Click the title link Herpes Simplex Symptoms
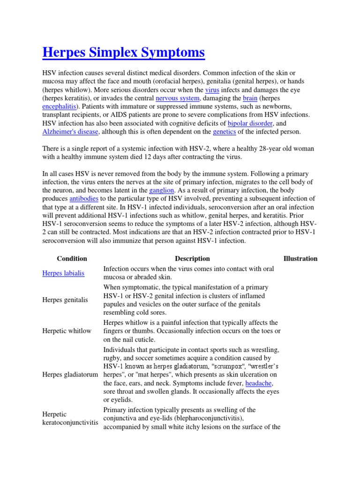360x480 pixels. click(x=123, y=52)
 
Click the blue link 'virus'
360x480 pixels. click(x=211, y=90)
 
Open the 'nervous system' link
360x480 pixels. click(x=178, y=98)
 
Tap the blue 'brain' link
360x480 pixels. click(x=250, y=98)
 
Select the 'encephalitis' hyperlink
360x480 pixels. click(x=59, y=106)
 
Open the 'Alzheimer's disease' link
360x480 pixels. click(x=70, y=132)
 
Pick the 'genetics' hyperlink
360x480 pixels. click(x=224, y=132)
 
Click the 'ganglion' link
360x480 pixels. click(x=162, y=190)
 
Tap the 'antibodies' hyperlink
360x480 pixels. click(x=84, y=199)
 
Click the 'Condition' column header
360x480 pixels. click(x=72, y=258)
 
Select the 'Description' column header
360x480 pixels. click(x=192, y=258)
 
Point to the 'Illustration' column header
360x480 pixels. click(x=300, y=258)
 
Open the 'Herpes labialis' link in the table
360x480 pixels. click(x=63, y=273)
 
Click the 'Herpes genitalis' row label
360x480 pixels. click(x=65, y=300)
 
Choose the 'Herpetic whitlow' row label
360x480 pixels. click(x=67, y=331)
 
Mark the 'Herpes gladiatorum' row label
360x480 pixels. click(x=70, y=375)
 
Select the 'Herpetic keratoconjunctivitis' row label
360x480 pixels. click(x=70, y=418)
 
